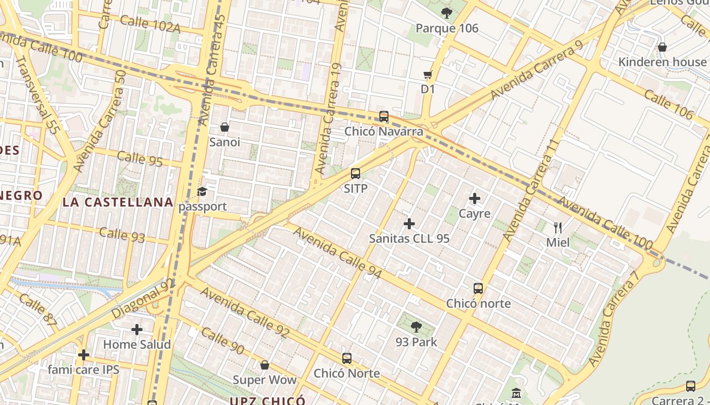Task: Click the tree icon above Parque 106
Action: (446, 13)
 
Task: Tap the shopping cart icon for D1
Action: (428, 75)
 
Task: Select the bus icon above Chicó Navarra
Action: (384, 116)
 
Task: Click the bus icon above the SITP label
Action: (356, 174)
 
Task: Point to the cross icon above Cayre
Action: (475, 198)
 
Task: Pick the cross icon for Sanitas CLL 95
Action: (409, 223)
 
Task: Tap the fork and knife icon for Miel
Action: (558, 227)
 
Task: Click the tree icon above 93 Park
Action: (416, 327)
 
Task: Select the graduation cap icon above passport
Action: (202, 191)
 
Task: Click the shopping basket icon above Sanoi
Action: (225, 127)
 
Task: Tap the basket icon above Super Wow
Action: (264, 365)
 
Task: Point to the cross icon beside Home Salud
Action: (137, 330)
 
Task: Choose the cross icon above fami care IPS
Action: (84, 354)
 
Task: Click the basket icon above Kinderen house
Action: (662, 47)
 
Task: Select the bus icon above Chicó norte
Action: (478, 289)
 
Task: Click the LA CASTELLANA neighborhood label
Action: (118, 202)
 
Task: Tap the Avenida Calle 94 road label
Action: (337, 253)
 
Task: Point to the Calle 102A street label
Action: (150, 23)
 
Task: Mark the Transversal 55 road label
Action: (38, 96)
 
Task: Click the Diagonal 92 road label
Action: (143, 299)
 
